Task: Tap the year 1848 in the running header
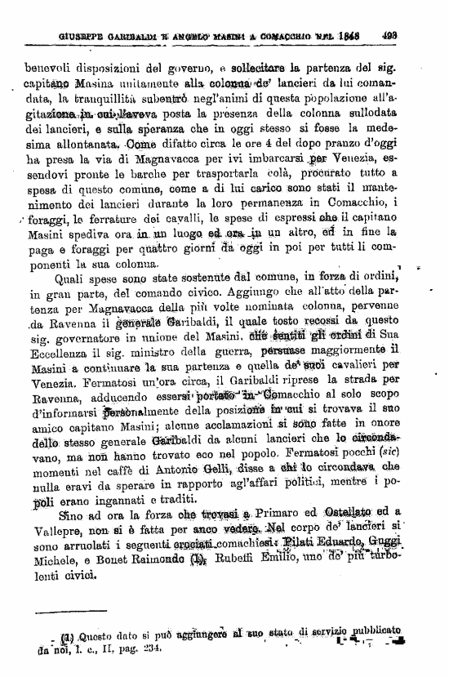(353, 36)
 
